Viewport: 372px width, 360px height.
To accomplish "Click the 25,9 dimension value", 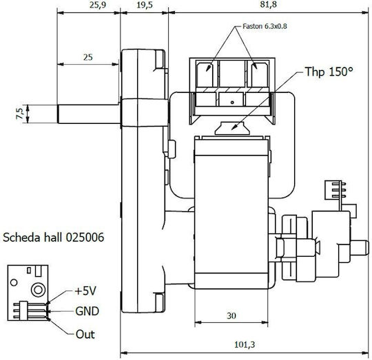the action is pos(98,5).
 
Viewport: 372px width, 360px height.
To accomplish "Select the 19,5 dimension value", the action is pos(145,5).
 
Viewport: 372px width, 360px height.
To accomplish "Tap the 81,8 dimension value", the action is pos(268,5).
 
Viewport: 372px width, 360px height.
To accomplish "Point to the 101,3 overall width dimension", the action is pos(245,344).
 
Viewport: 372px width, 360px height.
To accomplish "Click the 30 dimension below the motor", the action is pos(231,315).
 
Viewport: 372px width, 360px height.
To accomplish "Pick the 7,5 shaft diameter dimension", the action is pos(20,114).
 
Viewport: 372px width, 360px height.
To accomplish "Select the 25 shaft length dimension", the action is pos(88,57).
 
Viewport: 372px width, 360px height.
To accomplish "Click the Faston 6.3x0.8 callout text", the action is pos(265,26).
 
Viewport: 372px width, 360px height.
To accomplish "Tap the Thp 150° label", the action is pos(329,72).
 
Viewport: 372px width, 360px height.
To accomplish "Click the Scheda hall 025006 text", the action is pos(53,237).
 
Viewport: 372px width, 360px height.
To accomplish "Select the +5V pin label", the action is pos(85,291).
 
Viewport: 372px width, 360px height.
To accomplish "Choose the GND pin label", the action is pos(87,311).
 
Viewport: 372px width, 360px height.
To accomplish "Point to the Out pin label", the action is pos(85,334).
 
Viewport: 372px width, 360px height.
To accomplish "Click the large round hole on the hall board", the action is pos(39,290).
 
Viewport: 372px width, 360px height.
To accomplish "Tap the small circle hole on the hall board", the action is pos(14,282).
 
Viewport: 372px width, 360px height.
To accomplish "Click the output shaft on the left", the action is pos(89,114).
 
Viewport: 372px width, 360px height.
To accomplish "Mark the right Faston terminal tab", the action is pos(258,74).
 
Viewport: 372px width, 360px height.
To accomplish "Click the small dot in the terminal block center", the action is pos(232,103).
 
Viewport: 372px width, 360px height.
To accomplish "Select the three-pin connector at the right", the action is pos(335,190).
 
